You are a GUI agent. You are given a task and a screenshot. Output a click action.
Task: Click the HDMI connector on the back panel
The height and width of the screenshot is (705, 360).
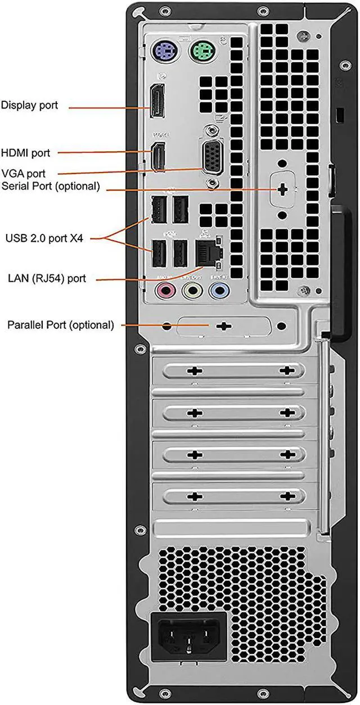(159, 156)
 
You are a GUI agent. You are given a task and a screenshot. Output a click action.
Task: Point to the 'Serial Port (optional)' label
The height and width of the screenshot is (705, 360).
(51, 186)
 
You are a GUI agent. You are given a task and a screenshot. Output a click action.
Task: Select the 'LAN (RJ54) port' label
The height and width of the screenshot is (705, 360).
(47, 278)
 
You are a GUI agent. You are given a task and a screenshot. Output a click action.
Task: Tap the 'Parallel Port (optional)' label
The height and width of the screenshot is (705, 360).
(60, 324)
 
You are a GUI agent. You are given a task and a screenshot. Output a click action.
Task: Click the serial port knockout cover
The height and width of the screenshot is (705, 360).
(283, 190)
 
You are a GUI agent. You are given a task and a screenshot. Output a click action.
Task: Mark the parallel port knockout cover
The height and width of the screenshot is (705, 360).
(223, 326)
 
